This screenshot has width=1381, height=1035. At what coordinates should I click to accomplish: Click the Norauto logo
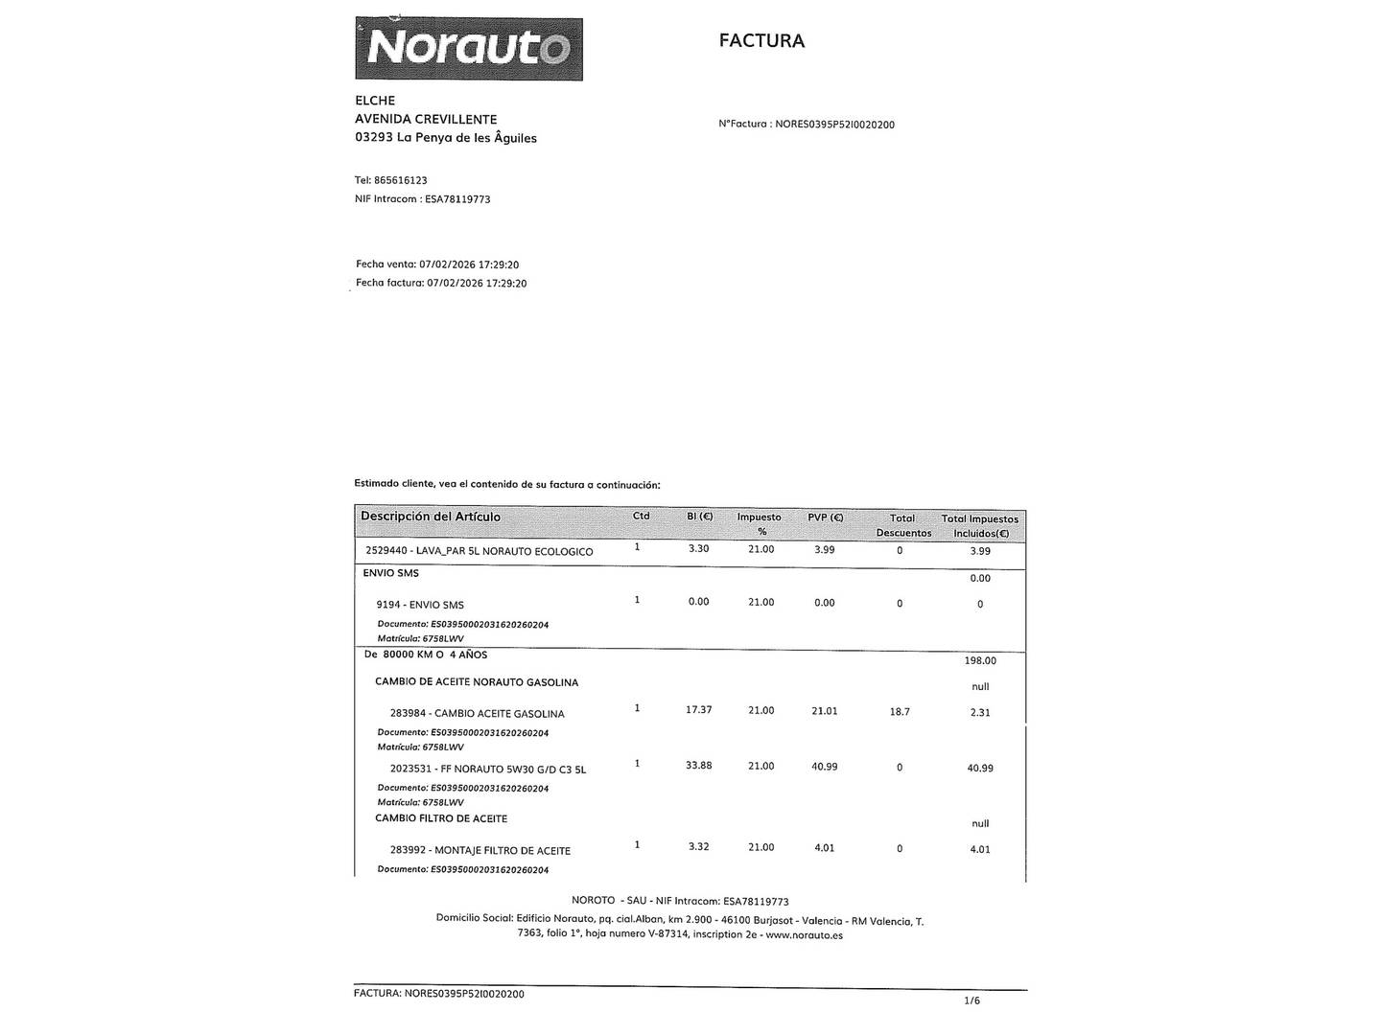point(469,48)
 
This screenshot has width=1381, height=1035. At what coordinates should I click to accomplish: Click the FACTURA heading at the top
point(761,41)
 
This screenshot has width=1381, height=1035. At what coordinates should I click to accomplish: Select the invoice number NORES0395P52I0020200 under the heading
point(833,125)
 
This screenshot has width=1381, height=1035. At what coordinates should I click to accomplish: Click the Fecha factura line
point(441,284)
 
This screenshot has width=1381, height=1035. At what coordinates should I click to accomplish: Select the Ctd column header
point(641,517)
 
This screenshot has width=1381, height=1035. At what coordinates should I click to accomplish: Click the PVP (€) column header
point(825,517)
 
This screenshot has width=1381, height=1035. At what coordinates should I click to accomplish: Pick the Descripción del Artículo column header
point(431,517)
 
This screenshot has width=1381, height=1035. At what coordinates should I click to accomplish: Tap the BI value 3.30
point(698,549)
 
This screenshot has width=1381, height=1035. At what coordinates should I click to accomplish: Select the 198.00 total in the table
point(980,660)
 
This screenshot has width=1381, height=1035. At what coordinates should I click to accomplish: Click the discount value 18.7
point(900,712)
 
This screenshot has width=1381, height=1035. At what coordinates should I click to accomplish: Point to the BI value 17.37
point(698,710)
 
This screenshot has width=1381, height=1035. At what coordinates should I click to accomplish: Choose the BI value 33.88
point(698,766)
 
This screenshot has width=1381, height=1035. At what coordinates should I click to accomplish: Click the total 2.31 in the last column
point(980,712)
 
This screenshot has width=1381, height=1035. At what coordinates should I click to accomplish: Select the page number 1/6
point(971,1000)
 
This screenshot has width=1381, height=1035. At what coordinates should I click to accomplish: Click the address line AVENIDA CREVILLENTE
point(426,119)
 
